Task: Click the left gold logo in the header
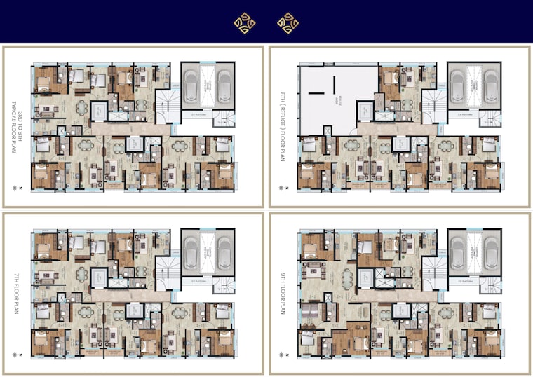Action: pyautogui.click(x=245, y=23)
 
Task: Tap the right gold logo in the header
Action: pyautogui.click(x=288, y=23)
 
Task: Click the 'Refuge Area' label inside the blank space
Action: pyautogui.click(x=336, y=100)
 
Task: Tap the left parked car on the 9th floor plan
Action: pyautogui.click(x=457, y=252)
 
